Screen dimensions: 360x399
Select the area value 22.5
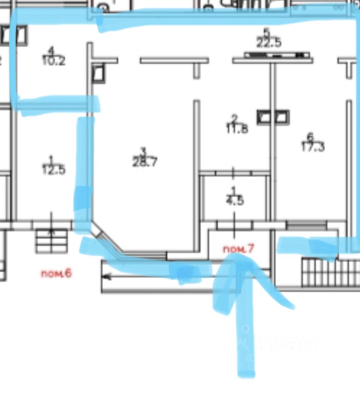pyautogui.click(x=269, y=43)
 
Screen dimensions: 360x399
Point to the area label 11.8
pyautogui.click(x=237, y=129)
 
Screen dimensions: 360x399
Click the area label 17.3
pyautogui.click(x=313, y=147)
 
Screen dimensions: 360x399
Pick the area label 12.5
pyautogui.click(x=54, y=170)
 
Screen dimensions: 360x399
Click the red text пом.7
pyautogui.click(x=238, y=249)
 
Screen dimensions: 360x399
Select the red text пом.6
pyautogui.click(x=56, y=273)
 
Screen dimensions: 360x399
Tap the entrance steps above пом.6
pyautogui.click(x=52, y=241)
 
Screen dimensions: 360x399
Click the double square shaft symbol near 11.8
pyautogui.click(x=273, y=117)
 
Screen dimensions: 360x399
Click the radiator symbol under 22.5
pyautogui.click(x=276, y=55)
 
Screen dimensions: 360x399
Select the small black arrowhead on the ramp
pyautogui.click(x=107, y=276)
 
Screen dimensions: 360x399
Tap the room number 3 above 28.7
pyautogui.click(x=143, y=151)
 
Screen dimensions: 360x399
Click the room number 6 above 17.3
pyautogui.click(x=309, y=136)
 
